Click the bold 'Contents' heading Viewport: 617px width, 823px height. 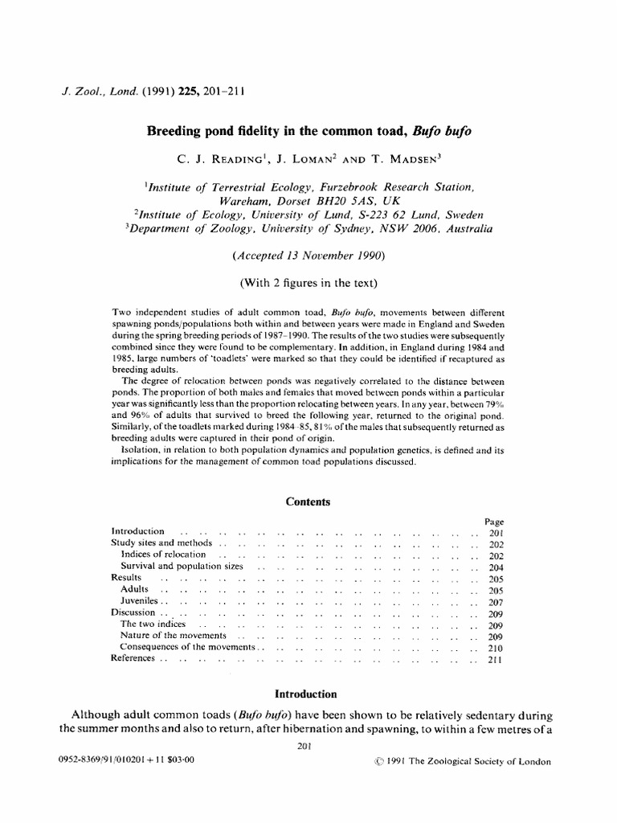point(308,502)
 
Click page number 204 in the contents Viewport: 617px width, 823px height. point(495,567)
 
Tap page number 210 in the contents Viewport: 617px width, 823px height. point(495,647)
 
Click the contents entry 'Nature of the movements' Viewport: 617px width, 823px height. point(172,636)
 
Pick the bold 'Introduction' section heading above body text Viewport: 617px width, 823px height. point(306,694)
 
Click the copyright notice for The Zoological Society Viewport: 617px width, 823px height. point(457,763)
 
